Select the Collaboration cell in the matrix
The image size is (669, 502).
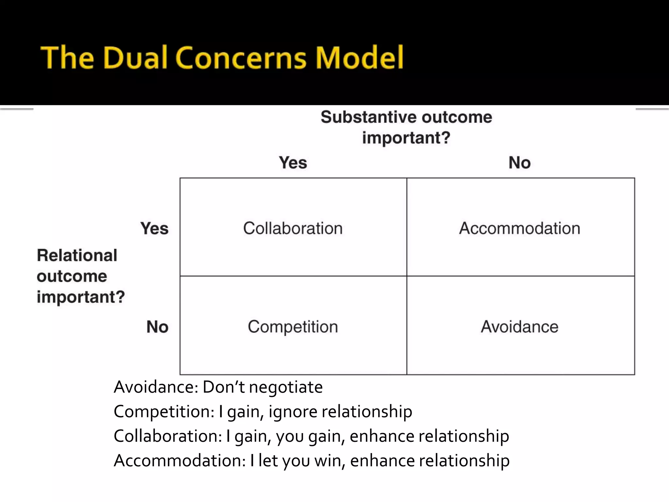coord(293,228)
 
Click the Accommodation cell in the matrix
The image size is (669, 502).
coord(520,228)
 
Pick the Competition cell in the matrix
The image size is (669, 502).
coord(293,326)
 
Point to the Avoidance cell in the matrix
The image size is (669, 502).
coord(520,326)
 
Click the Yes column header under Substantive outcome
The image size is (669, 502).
coord(293,162)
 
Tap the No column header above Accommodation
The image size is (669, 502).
coord(519,162)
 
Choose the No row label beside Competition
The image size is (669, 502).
coord(157,326)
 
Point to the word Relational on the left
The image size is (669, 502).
coord(77,255)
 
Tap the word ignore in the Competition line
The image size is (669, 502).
coord(293,412)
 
